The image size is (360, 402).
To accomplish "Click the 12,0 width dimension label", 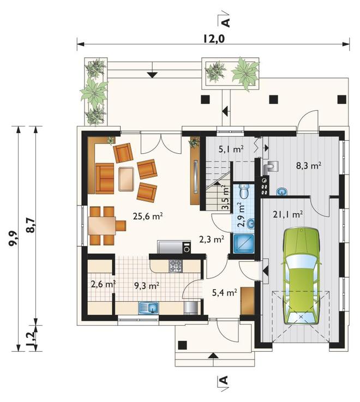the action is (x=214, y=39).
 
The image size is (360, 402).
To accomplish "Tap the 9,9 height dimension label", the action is (x=13, y=238).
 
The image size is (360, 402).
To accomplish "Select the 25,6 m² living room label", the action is (x=148, y=216).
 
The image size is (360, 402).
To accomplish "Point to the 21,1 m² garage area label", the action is (x=288, y=214).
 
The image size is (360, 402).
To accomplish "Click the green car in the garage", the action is (x=301, y=275).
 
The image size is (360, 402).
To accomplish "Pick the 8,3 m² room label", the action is (x=309, y=166).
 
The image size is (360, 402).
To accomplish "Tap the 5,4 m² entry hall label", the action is (x=224, y=292).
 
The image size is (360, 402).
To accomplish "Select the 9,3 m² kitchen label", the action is (x=147, y=285).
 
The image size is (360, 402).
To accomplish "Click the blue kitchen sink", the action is (x=149, y=308).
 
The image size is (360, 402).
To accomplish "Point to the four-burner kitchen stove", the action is (x=176, y=265).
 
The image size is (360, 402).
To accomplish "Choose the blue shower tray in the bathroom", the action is (x=243, y=243).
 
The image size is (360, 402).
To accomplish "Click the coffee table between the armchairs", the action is (x=126, y=179).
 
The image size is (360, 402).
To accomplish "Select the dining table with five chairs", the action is (x=106, y=226).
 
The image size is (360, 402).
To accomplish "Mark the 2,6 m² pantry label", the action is (x=103, y=284).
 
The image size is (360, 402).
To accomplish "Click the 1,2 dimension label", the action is (x=31, y=338).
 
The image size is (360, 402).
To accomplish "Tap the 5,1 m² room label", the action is (x=231, y=149).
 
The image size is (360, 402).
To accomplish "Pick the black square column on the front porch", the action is (x=182, y=345).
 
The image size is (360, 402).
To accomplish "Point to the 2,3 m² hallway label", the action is (x=212, y=239).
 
